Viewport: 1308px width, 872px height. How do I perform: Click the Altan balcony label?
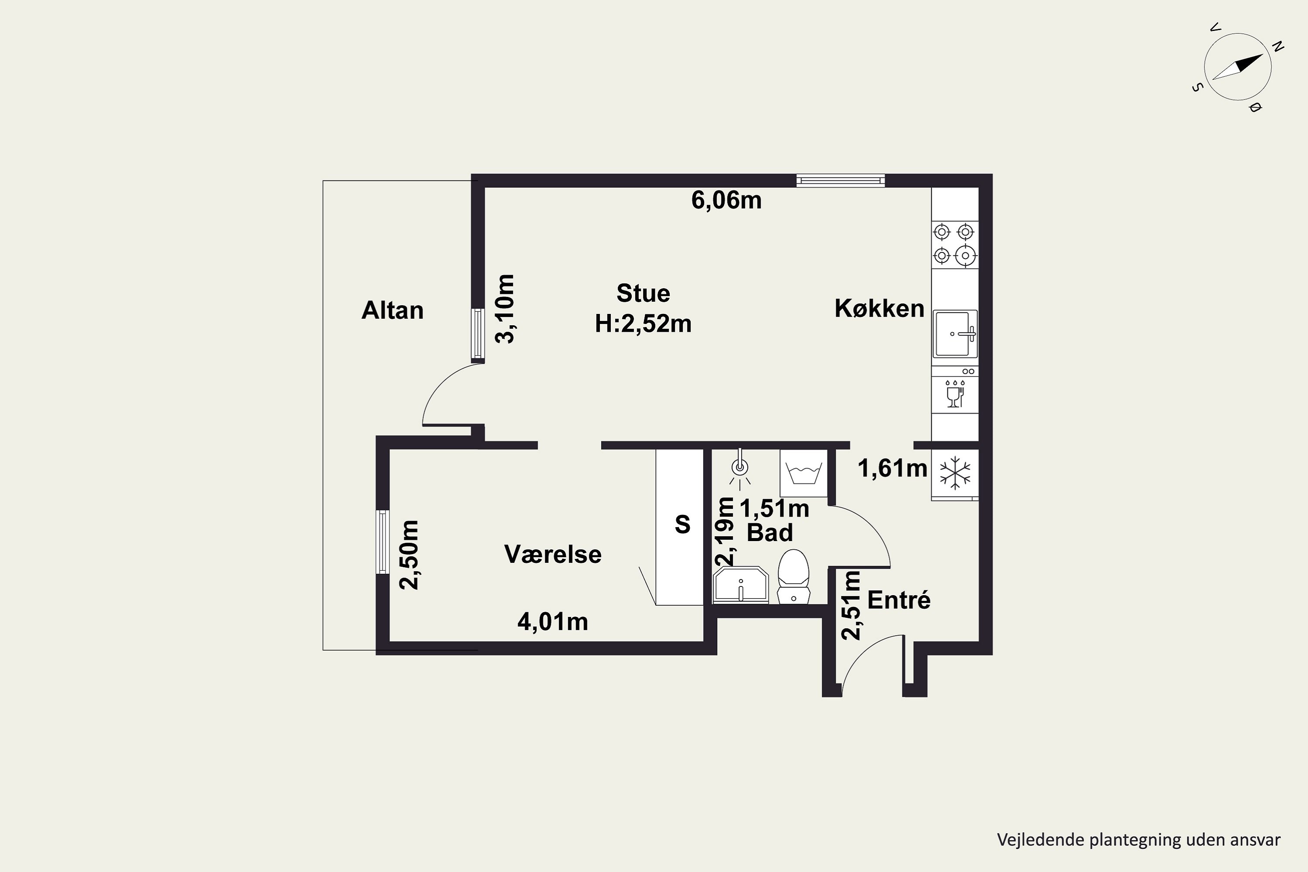(x=393, y=310)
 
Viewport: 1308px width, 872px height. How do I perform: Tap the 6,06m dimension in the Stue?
(x=726, y=200)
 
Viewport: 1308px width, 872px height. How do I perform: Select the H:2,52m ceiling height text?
(x=644, y=324)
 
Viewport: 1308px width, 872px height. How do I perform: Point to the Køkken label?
(x=879, y=309)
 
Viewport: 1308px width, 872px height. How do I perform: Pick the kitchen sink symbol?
(x=955, y=334)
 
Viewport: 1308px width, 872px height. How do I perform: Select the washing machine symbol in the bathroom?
(x=803, y=473)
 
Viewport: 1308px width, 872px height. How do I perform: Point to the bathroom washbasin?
(x=741, y=586)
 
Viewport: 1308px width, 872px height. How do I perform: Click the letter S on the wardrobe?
(x=682, y=525)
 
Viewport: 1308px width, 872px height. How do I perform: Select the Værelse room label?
(x=553, y=555)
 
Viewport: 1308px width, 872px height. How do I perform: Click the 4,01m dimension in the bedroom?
(x=553, y=622)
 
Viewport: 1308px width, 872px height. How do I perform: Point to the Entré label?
(x=899, y=600)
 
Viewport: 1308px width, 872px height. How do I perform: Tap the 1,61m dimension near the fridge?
(x=892, y=468)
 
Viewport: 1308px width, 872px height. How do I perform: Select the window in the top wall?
(x=840, y=181)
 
